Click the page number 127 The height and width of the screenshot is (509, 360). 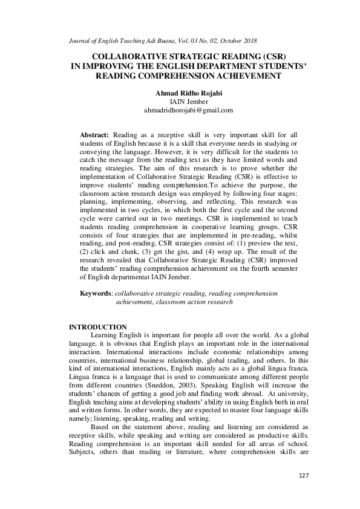(303, 493)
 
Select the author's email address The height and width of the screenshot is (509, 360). (180, 111)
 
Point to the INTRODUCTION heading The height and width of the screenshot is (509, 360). (97, 327)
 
